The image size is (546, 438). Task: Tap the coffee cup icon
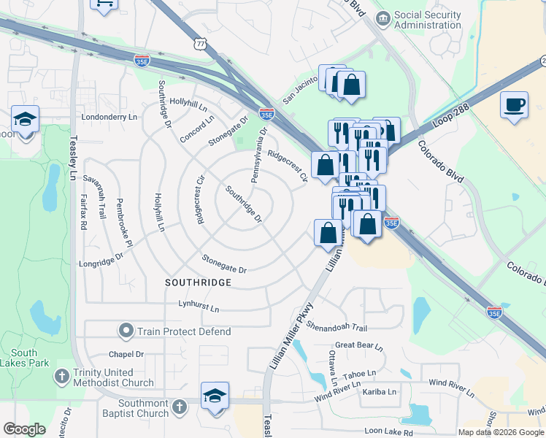pyautogui.click(x=514, y=104)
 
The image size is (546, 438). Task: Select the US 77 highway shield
pyautogui.click(x=201, y=45)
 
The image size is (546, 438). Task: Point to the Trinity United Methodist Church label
pyautogui.click(x=113, y=377)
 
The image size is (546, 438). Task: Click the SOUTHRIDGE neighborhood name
pyautogui.click(x=198, y=282)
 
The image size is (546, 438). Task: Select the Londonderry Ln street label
pyautogui.click(x=109, y=117)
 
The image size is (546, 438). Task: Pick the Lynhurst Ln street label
pyautogui.click(x=199, y=308)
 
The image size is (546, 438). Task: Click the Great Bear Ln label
pyautogui.click(x=358, y=346)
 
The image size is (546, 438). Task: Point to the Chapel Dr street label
pyautogui.click(x=126, y=355)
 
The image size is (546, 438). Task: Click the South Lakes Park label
pyautogui.click(x=24, y=358)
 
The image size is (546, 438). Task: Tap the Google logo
pyautogui.click(x=24, y=429)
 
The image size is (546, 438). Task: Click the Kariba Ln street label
pyautogui.click(x=380, y=392)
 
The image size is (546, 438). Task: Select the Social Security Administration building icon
pyautogui.click(x=381, y=18)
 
